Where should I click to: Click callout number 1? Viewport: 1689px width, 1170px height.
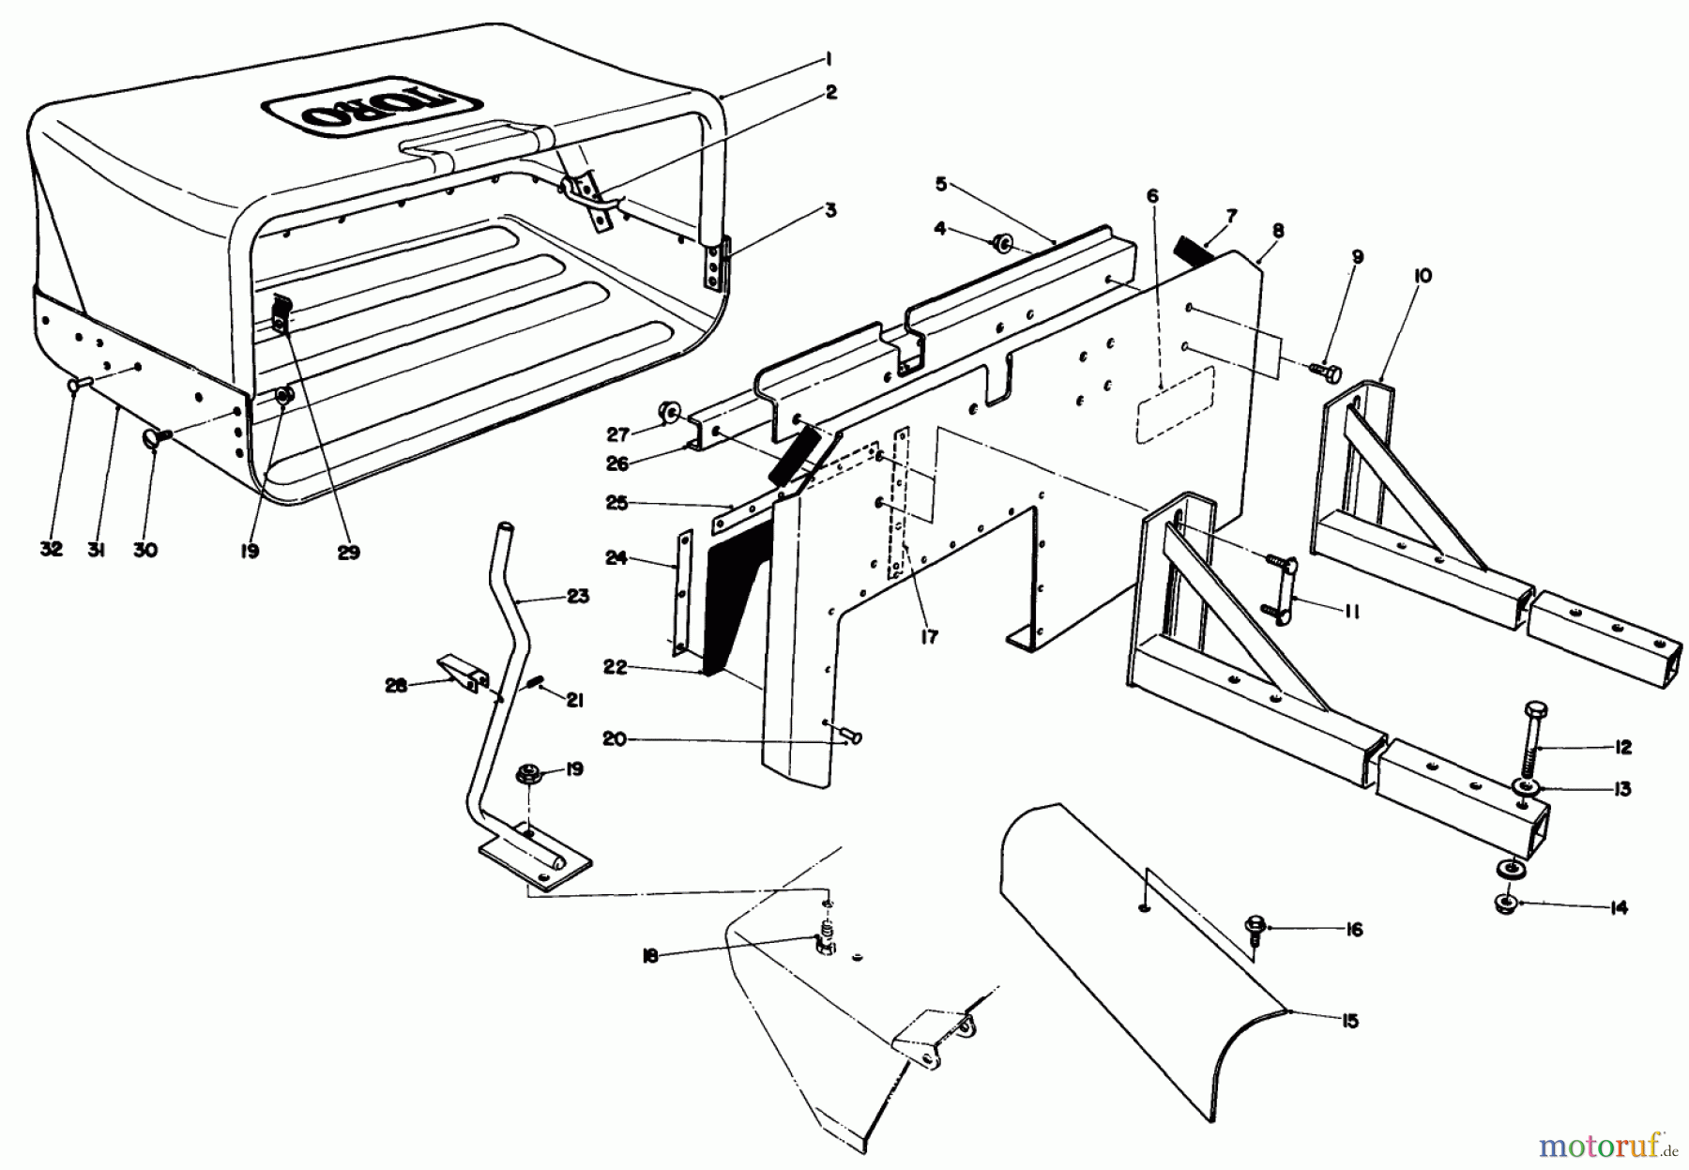click(829, 59)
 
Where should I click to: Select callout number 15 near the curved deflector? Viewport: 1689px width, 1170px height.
click(1349, 1022)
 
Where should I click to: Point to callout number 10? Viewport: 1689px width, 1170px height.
click(1423, 277)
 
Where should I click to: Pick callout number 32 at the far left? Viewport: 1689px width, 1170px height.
click(52, 550)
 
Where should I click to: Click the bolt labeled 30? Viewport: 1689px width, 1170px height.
click(156, 438)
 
